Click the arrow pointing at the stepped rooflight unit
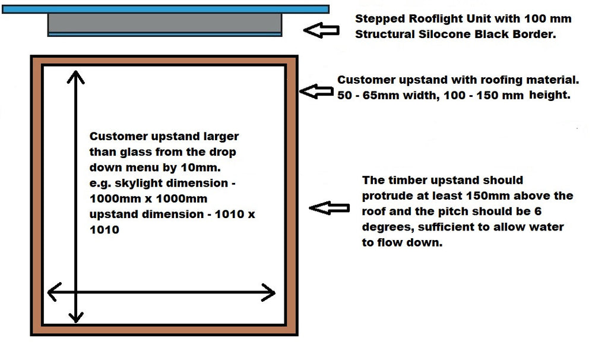pyautogui.click(x=321, y=30)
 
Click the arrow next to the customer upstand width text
pyautogui.click(x=316, y=91)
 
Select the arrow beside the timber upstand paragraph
pyautogui.click(x=329, y=208)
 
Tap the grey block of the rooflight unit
pyautogui.click(x=165, y=23)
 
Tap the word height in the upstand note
pyautogui.click(x=549, y=95)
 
